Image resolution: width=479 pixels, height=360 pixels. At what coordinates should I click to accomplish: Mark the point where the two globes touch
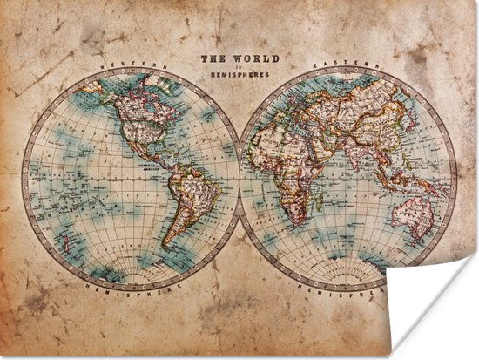[239, 178]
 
